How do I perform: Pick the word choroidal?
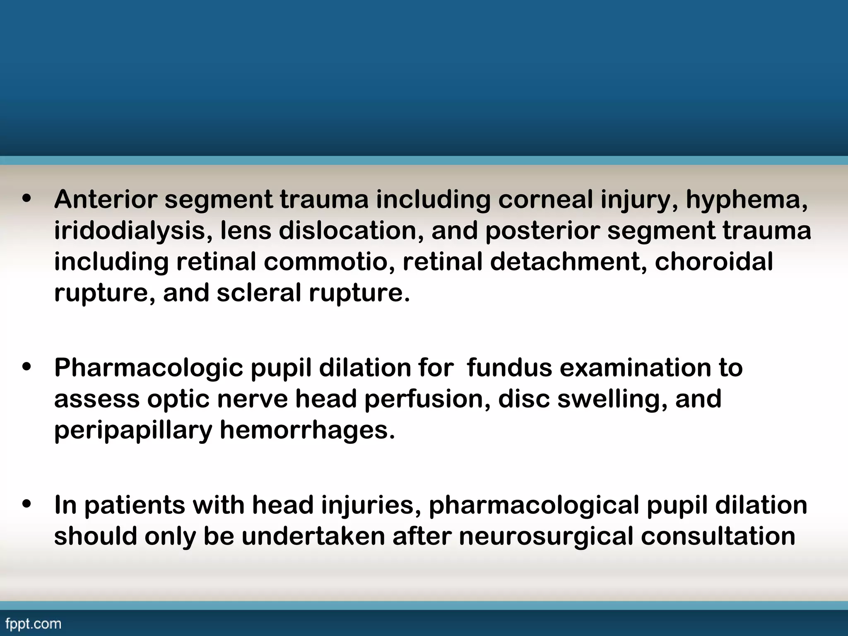tap(714, 262)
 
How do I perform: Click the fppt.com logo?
tap(34, 624)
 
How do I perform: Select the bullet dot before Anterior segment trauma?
tap(27, 200)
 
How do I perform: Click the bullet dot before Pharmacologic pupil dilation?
tap(27, 368)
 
